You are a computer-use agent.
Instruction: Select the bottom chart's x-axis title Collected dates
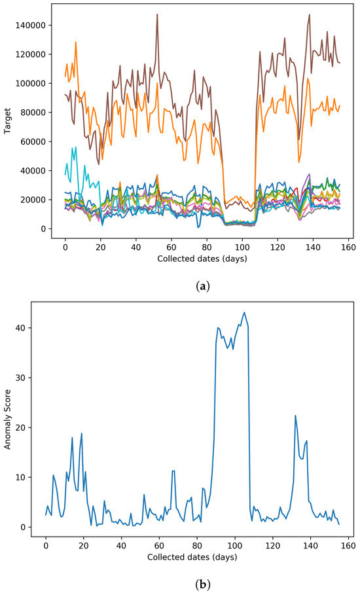[x=192, y=557]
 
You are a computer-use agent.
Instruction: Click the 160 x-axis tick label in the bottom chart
[x=347, y=545]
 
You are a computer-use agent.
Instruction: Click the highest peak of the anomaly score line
[x=245, y=312]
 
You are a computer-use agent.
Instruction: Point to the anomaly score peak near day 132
[x=295, y=416]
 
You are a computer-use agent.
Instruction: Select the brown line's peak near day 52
[x=157, y=14]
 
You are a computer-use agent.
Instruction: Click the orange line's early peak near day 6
[x=76, y=42]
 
